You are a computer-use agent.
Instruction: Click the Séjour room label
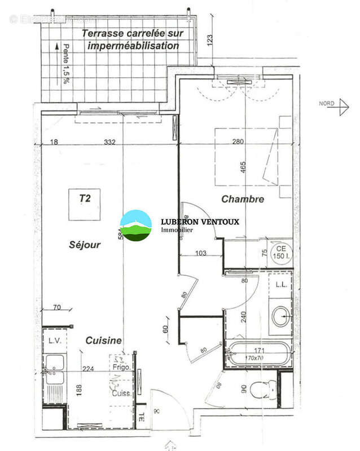pyautogui.click(x=85, y=245)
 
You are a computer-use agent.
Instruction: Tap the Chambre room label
pyautogui.click(x=243, y=199)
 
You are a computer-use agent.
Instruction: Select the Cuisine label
pyautogui.click(x=103, y=341)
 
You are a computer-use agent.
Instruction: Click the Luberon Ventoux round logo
pyautogui.click(x=137, y=225)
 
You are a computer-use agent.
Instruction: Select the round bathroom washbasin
pyautogui.click(x=280, y=317)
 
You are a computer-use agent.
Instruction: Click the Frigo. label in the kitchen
pyautogui.click(x=121, y=367)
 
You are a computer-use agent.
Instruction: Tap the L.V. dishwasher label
pyautogui.click(x=54, y=341)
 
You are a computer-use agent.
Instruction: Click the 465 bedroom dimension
pyautogui.click(x=244, y=168)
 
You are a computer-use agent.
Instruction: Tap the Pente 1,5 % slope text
pyautogui.click(x=67, y=64)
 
